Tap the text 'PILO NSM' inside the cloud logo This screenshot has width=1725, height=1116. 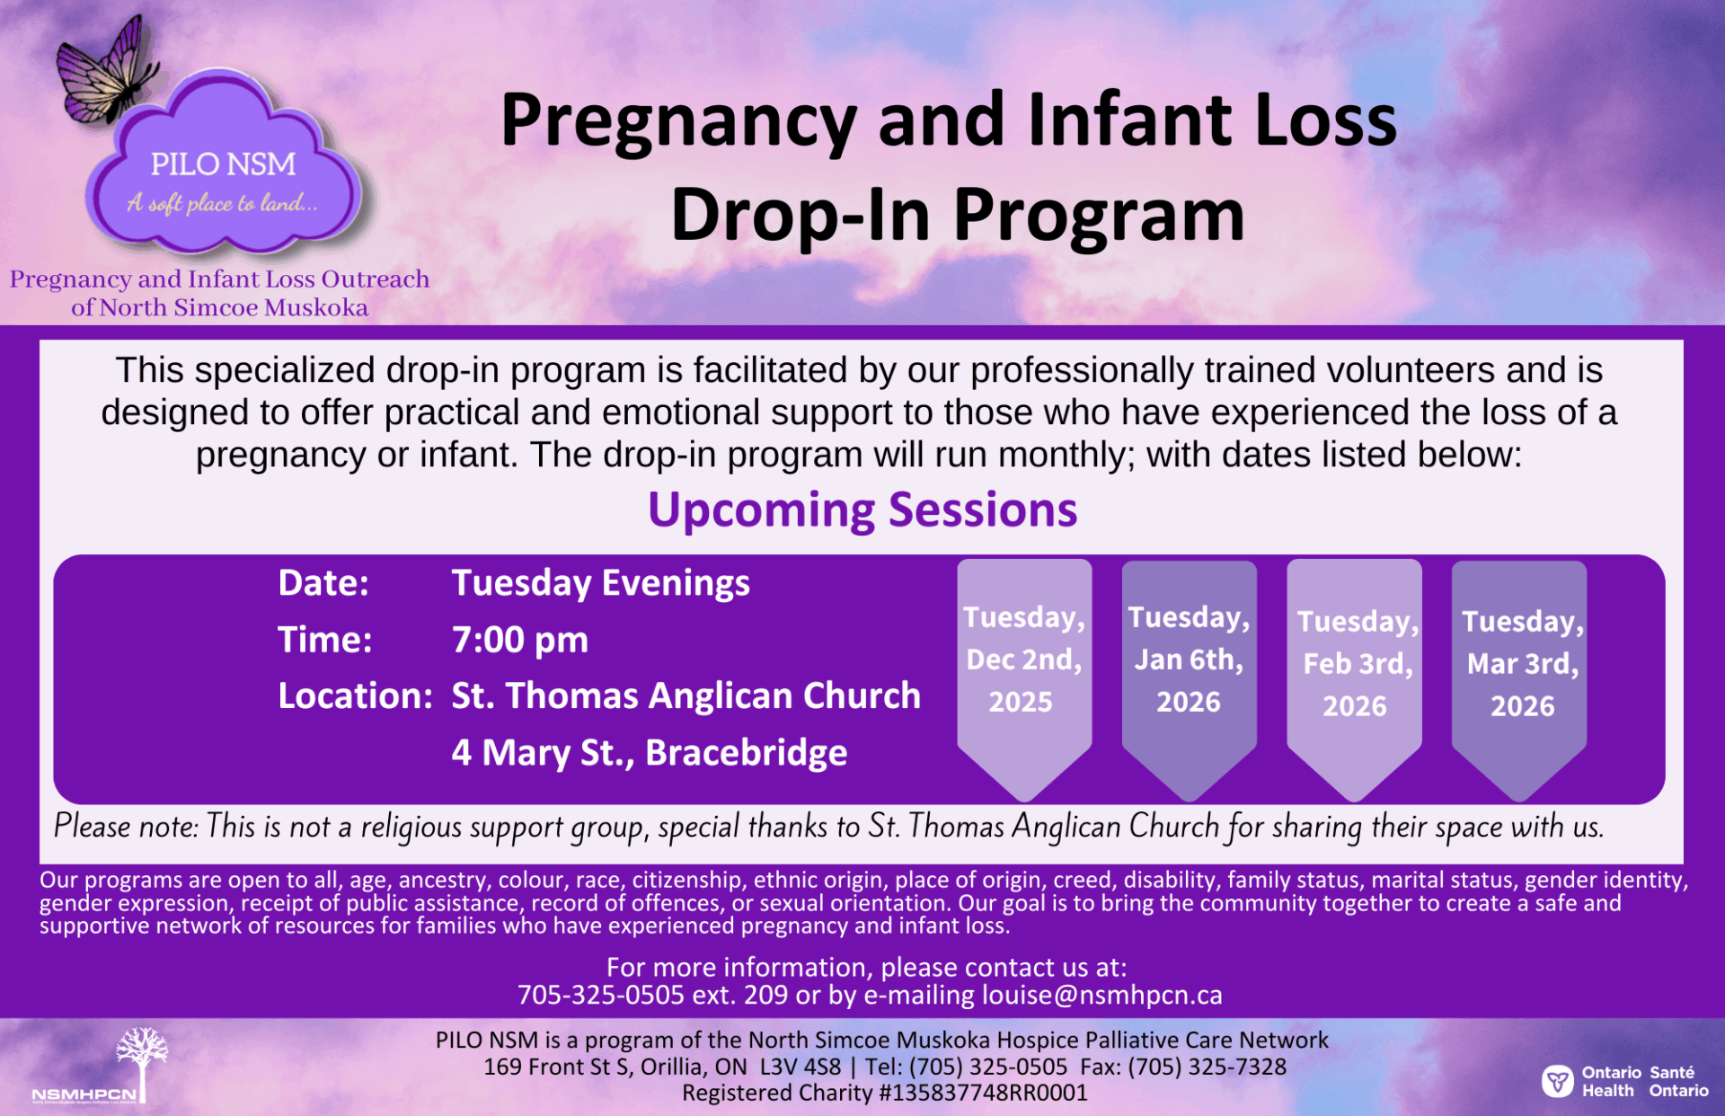tap(223, 164)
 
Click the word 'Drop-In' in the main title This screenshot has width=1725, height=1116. tap(799, 216)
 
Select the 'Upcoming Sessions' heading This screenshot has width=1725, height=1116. tap(862, 509)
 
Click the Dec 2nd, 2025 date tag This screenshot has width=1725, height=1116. tap(1023, 660)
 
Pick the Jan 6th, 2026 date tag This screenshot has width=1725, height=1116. tap(1188, 660)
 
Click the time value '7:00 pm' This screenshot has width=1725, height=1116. tap(519, 641)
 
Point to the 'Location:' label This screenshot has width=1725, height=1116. tap(355, 696)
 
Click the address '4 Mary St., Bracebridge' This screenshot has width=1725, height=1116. tap(649, 753)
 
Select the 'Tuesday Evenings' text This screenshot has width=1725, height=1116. tap(600, 584)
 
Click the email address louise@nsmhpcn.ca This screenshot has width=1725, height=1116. tap(1101, 996)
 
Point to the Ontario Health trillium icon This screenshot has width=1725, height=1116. tap(1557, 1081)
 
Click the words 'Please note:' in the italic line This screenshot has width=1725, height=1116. tap(126, 827)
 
